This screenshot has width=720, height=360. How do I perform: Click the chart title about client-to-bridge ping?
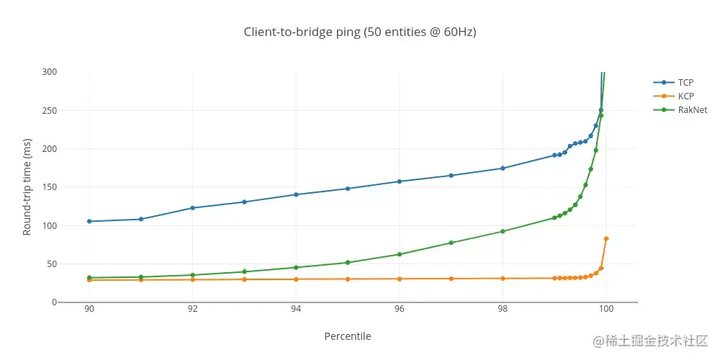(360, 32)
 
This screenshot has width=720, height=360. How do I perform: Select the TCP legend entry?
(685, 83)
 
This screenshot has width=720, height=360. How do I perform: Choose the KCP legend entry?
(685, 96)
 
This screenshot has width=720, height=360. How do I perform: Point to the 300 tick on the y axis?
(50, 72)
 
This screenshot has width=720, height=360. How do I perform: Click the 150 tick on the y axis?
(50, 187)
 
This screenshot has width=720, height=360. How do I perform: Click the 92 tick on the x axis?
(192, 309)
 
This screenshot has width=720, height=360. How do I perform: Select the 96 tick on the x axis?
(400, 309)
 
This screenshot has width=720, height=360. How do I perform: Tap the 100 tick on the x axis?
(606, 309)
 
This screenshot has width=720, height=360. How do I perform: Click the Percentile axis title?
(348, 336)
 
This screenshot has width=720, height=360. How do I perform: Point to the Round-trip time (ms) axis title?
(27, 187)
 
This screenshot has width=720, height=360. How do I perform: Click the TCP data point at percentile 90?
(89, 221)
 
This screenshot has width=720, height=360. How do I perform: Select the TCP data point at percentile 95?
(348, 189)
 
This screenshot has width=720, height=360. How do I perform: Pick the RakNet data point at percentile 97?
(451, 243)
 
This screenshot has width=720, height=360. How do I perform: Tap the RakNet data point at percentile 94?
(296, 267)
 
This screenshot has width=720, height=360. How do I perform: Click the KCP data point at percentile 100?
(606, 238)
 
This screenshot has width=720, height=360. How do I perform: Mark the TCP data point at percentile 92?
(192, 208)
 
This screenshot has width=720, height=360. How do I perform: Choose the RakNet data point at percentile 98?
(503, 231)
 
